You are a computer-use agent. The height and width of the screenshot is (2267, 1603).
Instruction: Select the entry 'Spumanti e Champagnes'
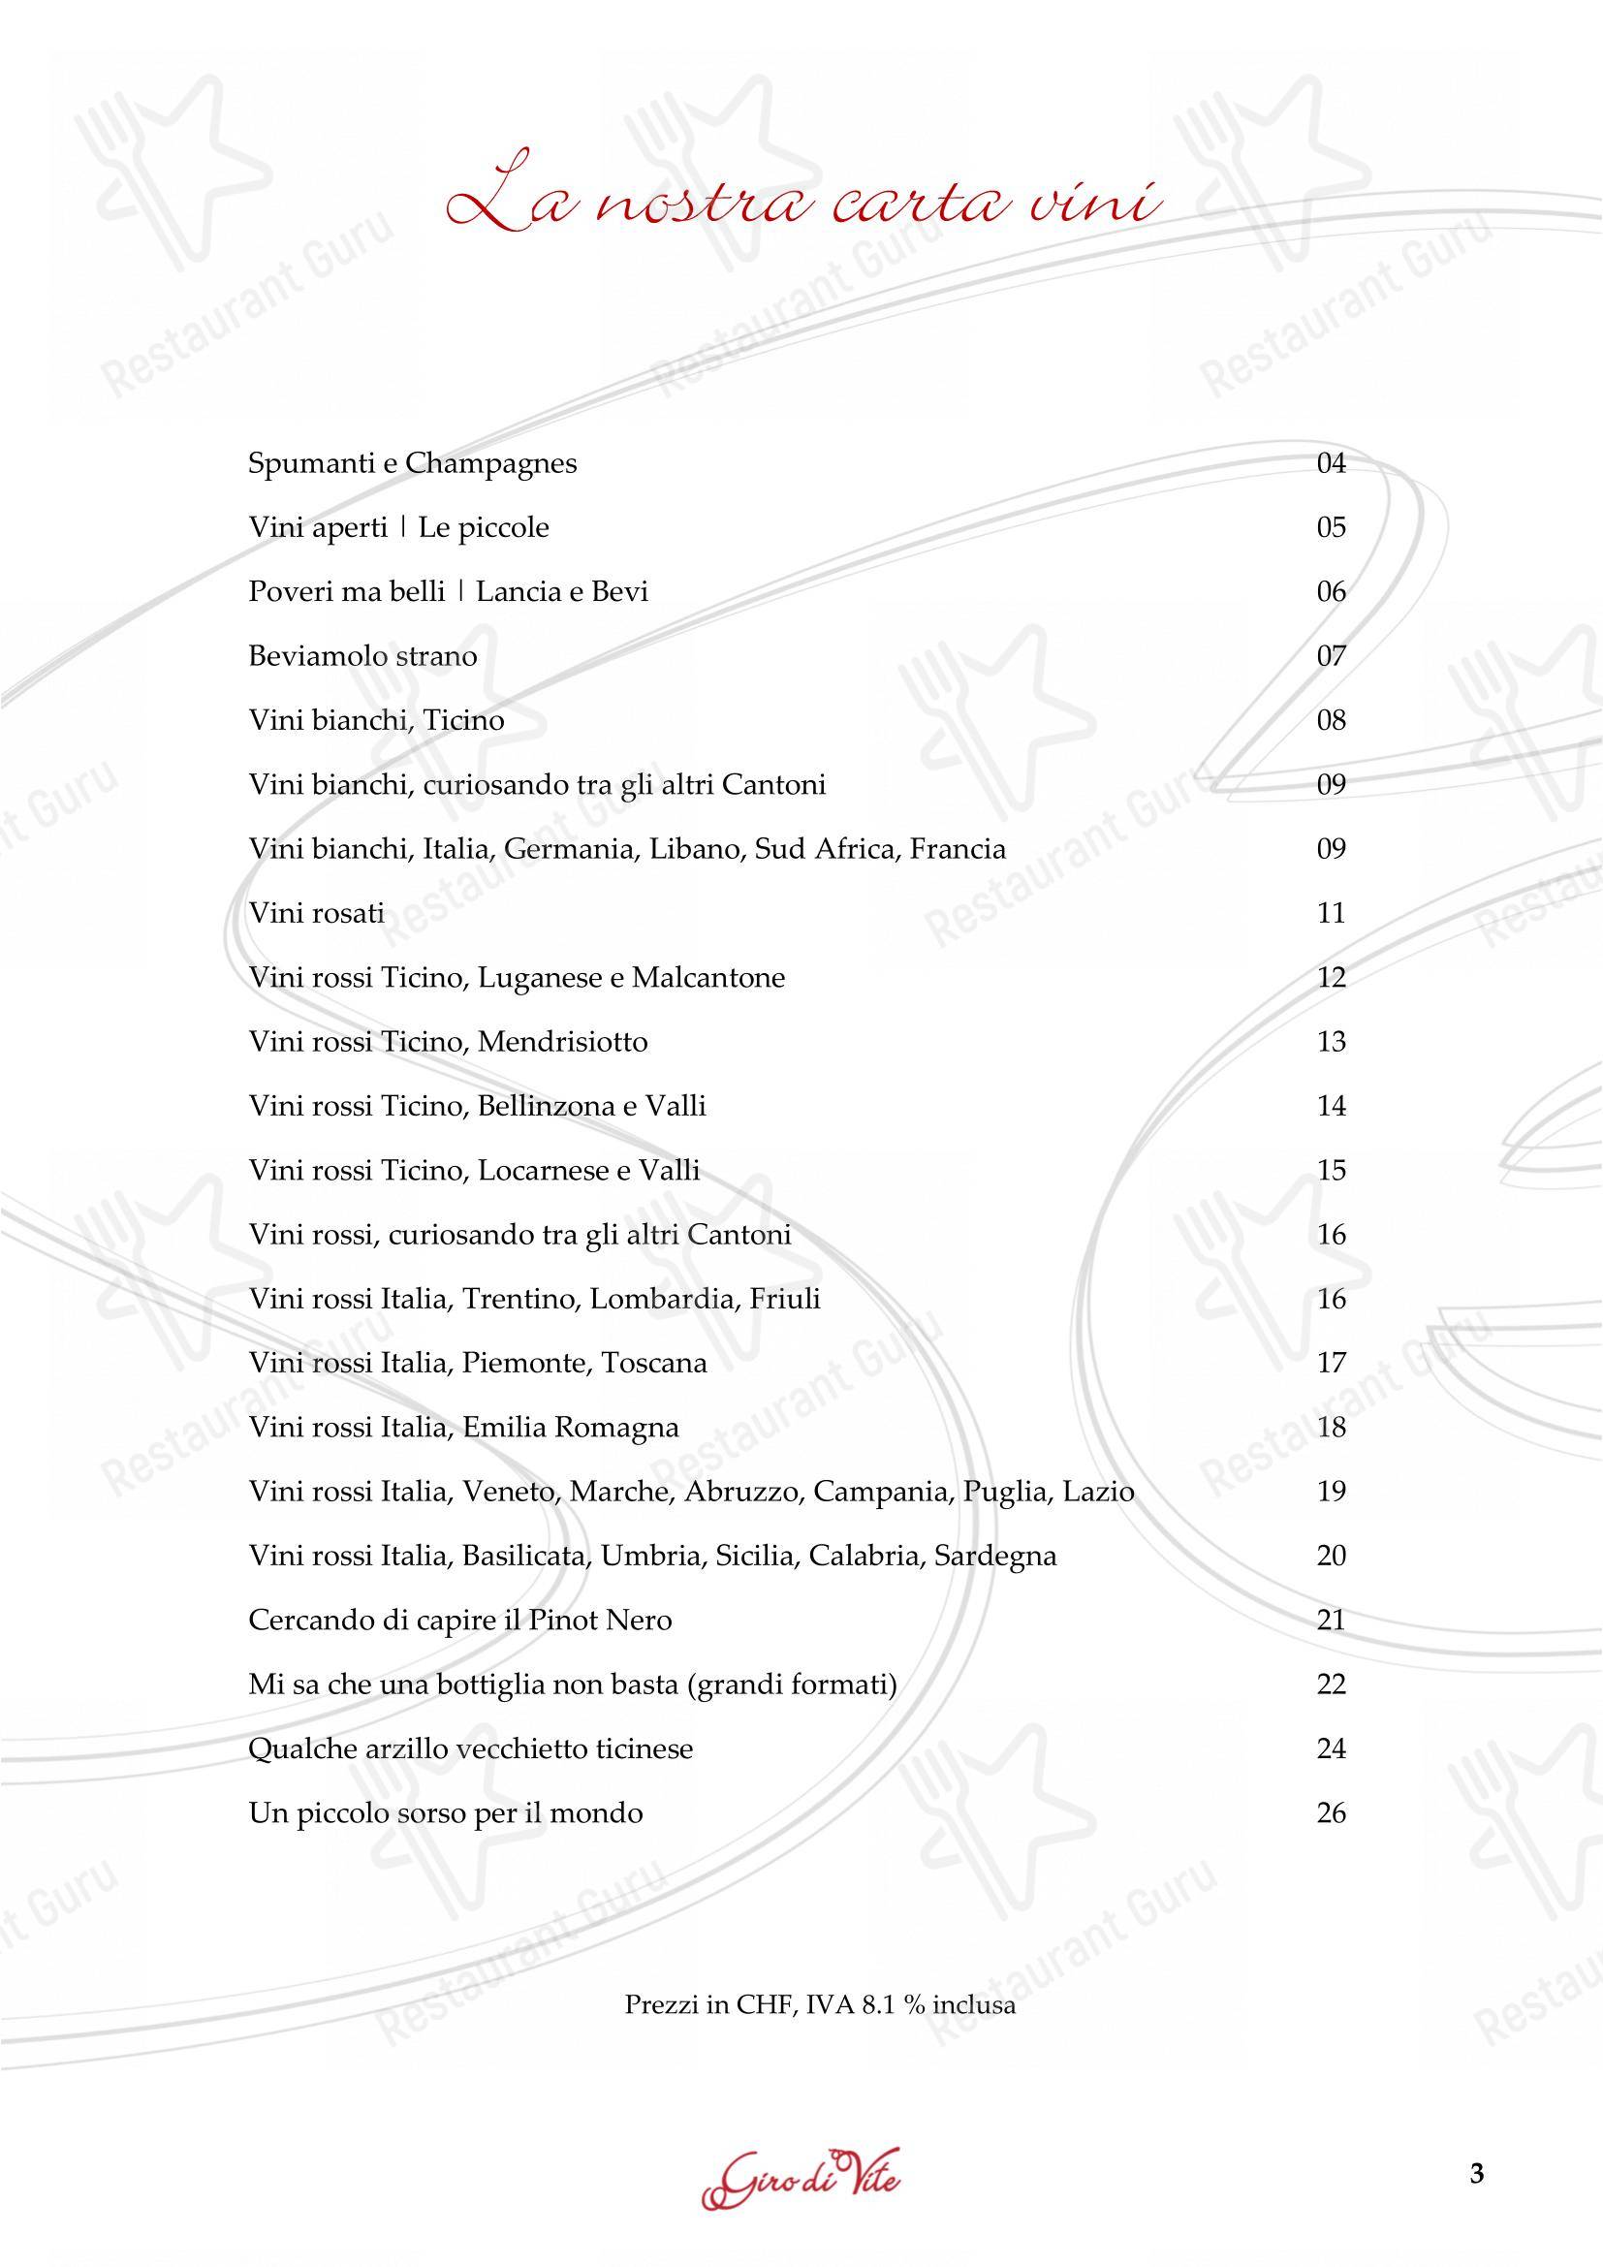(412, 463)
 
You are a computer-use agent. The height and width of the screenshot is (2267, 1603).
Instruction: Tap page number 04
(1331, 463)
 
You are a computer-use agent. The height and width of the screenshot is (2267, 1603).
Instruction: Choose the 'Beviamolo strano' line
(362, 655)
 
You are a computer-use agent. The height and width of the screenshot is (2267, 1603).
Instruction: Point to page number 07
(1331, 655)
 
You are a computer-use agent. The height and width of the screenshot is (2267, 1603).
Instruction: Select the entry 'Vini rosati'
(316, 913)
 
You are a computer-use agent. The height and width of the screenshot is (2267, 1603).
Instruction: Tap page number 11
(1331, 913)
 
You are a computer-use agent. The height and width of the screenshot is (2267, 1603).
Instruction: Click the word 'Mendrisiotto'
(563, 1042)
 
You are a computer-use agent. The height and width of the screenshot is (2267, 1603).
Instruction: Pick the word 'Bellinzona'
(546, 1106)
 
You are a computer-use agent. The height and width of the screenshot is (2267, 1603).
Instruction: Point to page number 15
(1331, 1170)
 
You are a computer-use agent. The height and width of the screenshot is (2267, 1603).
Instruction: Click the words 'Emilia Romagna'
(571, 1428)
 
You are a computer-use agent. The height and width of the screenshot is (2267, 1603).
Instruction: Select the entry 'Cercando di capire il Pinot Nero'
(460, 1621)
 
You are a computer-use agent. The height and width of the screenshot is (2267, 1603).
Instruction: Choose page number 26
(1331, 1812)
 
